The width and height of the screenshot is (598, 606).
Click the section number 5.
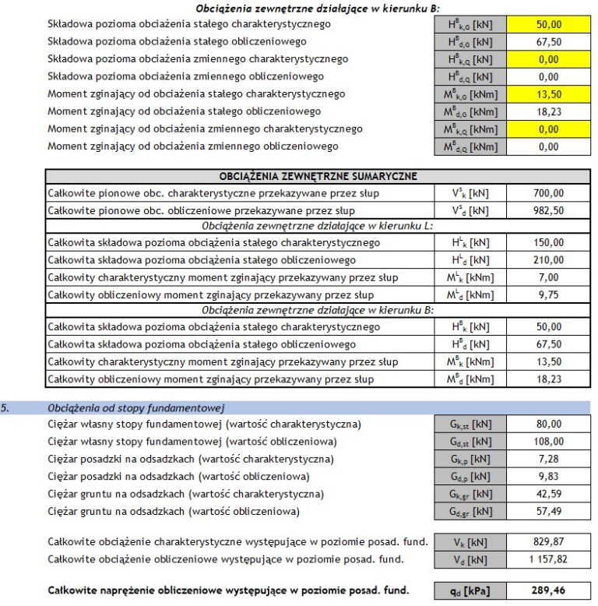point(6,407)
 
